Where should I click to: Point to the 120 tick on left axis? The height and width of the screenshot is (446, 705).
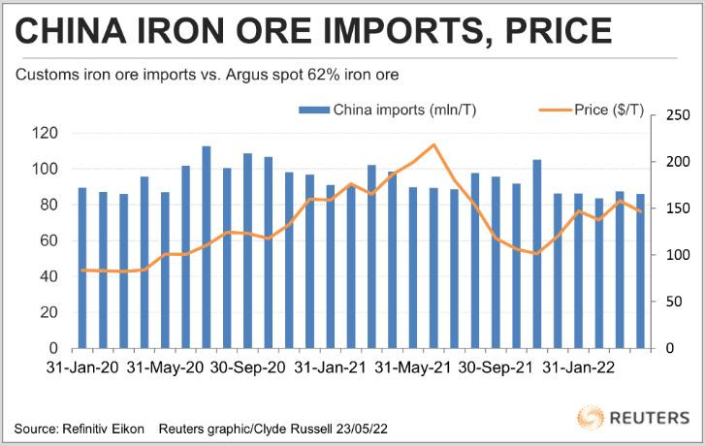coord(45,133)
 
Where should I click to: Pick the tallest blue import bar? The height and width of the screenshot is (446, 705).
coord(207,247)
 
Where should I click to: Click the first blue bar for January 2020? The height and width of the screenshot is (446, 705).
coord(82,268)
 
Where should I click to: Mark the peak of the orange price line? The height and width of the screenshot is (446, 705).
coord(433,144)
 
